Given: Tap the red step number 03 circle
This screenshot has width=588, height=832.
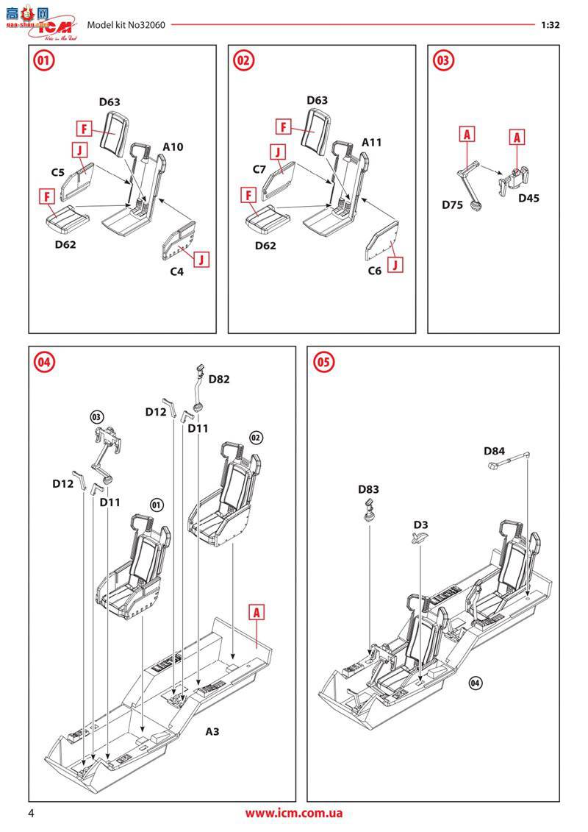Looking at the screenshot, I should pos(443,61).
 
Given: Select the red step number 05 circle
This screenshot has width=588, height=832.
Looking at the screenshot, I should pos(323,362).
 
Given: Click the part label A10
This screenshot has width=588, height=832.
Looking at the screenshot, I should pos(173,147).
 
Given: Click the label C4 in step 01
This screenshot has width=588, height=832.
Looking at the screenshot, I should pos(176,272).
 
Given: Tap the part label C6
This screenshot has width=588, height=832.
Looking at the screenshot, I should pos(375,271).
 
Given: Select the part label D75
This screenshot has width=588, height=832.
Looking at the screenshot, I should pos(453,205).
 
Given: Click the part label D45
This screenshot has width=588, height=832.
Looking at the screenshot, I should pos(528,198).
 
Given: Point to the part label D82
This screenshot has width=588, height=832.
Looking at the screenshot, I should pos(219,380).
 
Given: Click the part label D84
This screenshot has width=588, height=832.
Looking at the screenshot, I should pos(495,450).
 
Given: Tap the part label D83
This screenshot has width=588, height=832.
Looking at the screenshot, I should pos(369,489).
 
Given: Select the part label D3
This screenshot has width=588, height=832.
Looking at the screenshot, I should pos(420,525).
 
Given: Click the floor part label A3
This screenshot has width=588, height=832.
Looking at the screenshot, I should pos(212,731).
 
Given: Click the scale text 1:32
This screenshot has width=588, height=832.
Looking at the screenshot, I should pos(551,24).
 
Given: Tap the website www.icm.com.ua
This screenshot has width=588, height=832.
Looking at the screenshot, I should pos(293,814).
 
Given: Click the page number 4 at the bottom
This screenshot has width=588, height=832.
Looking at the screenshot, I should pos(31,814).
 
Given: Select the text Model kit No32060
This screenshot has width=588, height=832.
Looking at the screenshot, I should pos(126,24).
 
